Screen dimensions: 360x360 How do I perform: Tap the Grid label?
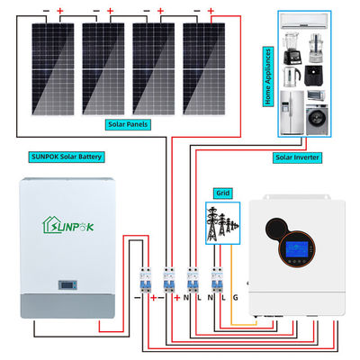[x=222, y=192]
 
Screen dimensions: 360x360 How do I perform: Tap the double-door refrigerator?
[x=290, y=110]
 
